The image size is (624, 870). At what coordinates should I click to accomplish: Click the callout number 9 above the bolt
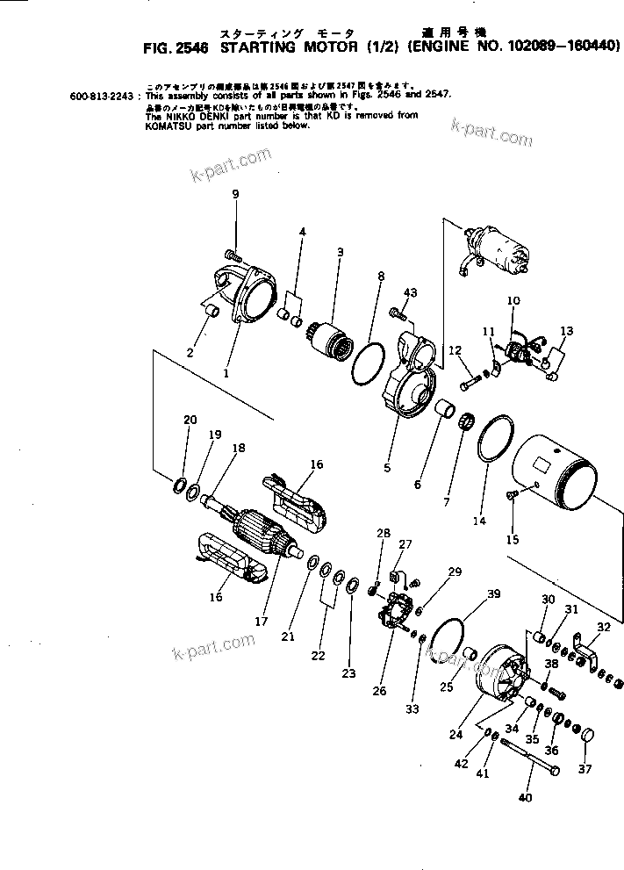[x=234, y=193]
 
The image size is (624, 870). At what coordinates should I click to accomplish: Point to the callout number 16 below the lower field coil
[x=217, y=598]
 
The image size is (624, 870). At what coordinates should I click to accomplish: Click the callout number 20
[x=190, y=420]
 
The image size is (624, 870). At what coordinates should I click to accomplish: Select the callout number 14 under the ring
[x=479, y=521]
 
